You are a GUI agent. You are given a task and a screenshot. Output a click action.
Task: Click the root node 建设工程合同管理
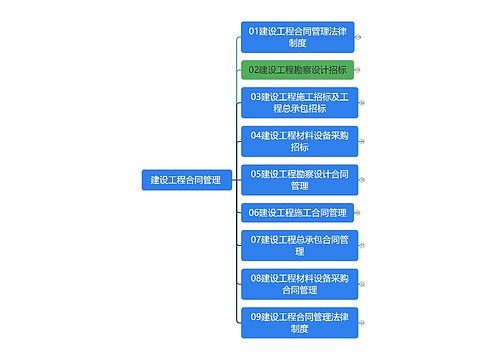(x=186, y=180)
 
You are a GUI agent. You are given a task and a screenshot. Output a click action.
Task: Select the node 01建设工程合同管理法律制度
(x=298, y=37)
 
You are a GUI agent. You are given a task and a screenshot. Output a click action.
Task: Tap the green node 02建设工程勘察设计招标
(x=298, y=70)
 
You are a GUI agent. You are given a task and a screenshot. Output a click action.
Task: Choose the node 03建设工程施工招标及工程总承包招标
(x=298, y=102)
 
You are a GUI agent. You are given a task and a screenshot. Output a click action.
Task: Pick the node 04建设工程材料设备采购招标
(x=298, y=140)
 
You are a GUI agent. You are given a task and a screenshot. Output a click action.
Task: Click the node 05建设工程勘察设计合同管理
(x=298, y=179)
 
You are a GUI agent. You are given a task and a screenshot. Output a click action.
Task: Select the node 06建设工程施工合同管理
(x=298, y=212)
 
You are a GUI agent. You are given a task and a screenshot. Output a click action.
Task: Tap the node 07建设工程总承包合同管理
(x=298, y=245)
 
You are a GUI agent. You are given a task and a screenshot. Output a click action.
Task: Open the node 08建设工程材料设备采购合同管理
(x=298, y=283)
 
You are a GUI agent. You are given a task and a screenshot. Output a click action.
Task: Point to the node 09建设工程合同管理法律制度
(x=298, y=322)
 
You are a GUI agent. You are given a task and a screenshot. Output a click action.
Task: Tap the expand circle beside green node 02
(x=359, y=70)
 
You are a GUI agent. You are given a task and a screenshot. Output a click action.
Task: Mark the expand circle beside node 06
(x=359, y=212)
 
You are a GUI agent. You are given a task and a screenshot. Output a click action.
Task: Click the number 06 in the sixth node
(x=256, y=212)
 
